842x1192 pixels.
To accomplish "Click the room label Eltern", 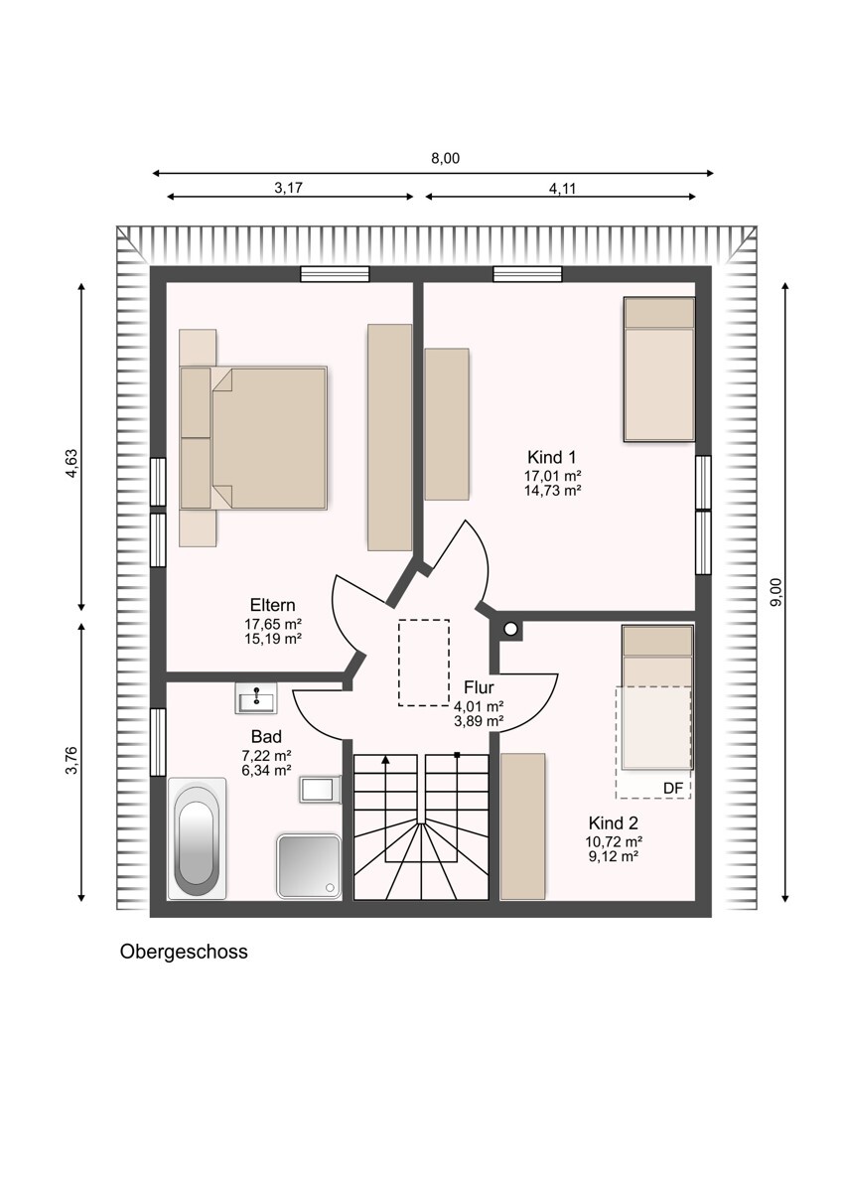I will [273, 605].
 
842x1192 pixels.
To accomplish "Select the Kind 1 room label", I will [552, 457].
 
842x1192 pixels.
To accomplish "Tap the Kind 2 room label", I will [613, 822].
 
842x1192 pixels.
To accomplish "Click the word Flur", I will [479, 687].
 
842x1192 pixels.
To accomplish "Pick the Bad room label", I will [266, 737].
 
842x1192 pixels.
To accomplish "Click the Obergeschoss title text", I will [184, 952].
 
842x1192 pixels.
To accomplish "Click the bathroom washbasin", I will [259, 699].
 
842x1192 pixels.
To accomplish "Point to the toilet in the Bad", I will [320, 790].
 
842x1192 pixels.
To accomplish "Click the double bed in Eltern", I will [256, 438].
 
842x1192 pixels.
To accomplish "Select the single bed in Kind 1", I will [658, 370].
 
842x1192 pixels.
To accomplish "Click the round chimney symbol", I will [511, 629].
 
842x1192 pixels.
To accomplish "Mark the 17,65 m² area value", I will [273, 624].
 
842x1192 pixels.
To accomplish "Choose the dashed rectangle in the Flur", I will [424, 663].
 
